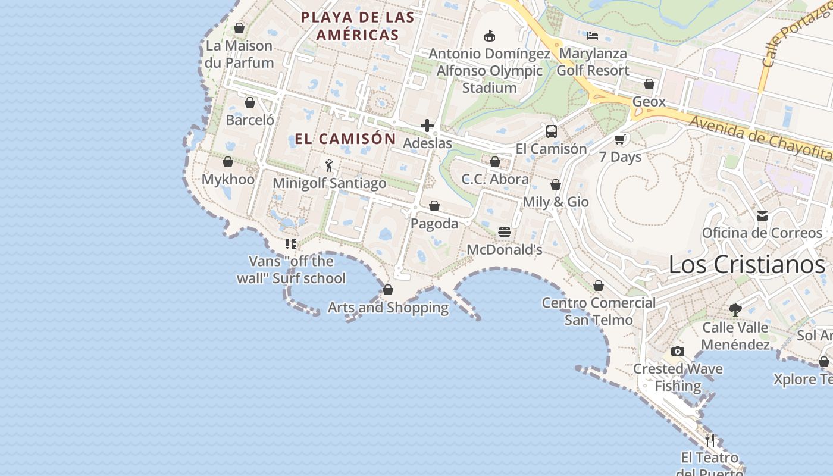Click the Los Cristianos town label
(x=747, y=265)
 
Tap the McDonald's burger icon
(x=505, y=231)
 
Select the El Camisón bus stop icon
(x=552, y=131)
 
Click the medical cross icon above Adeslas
(x=427, y=126)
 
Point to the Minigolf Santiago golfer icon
(x=329, y=165)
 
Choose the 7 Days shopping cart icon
(x=620, y=140)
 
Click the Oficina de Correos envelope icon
(x=762, y=216)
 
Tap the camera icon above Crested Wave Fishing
(x=677, y=351)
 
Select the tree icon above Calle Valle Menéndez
(x=735, y=309)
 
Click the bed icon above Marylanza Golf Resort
(x=593, y=36)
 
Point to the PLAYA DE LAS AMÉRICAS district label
(x=358, y=26)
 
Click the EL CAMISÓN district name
(x=346, y=139)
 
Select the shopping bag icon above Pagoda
(x=434, y=206)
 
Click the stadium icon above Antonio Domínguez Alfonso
(x=490, y=36)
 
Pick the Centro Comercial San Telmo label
(x=599, y=311)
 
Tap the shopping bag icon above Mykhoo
(x=228, y=162)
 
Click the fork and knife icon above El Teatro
(x=710, y=440)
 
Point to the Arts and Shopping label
(x=388, y=308)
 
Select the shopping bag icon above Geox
(x=649, y=84)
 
